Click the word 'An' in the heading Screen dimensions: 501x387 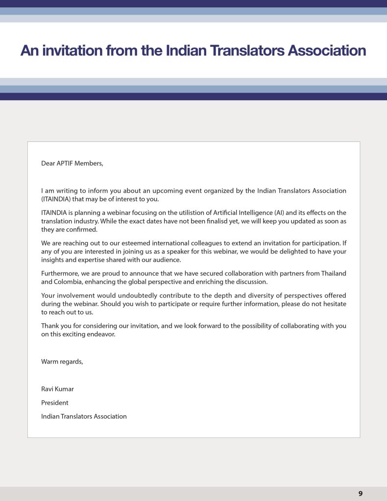coord(29,50)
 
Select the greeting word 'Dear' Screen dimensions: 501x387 coord(48,163)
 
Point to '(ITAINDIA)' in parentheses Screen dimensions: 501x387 coord(58,199)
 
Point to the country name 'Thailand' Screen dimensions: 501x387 coord(333,273)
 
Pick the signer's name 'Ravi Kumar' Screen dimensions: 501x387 coord(58,389)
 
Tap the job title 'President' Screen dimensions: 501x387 coord(55,403)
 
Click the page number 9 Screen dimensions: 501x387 coord(361,494)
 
